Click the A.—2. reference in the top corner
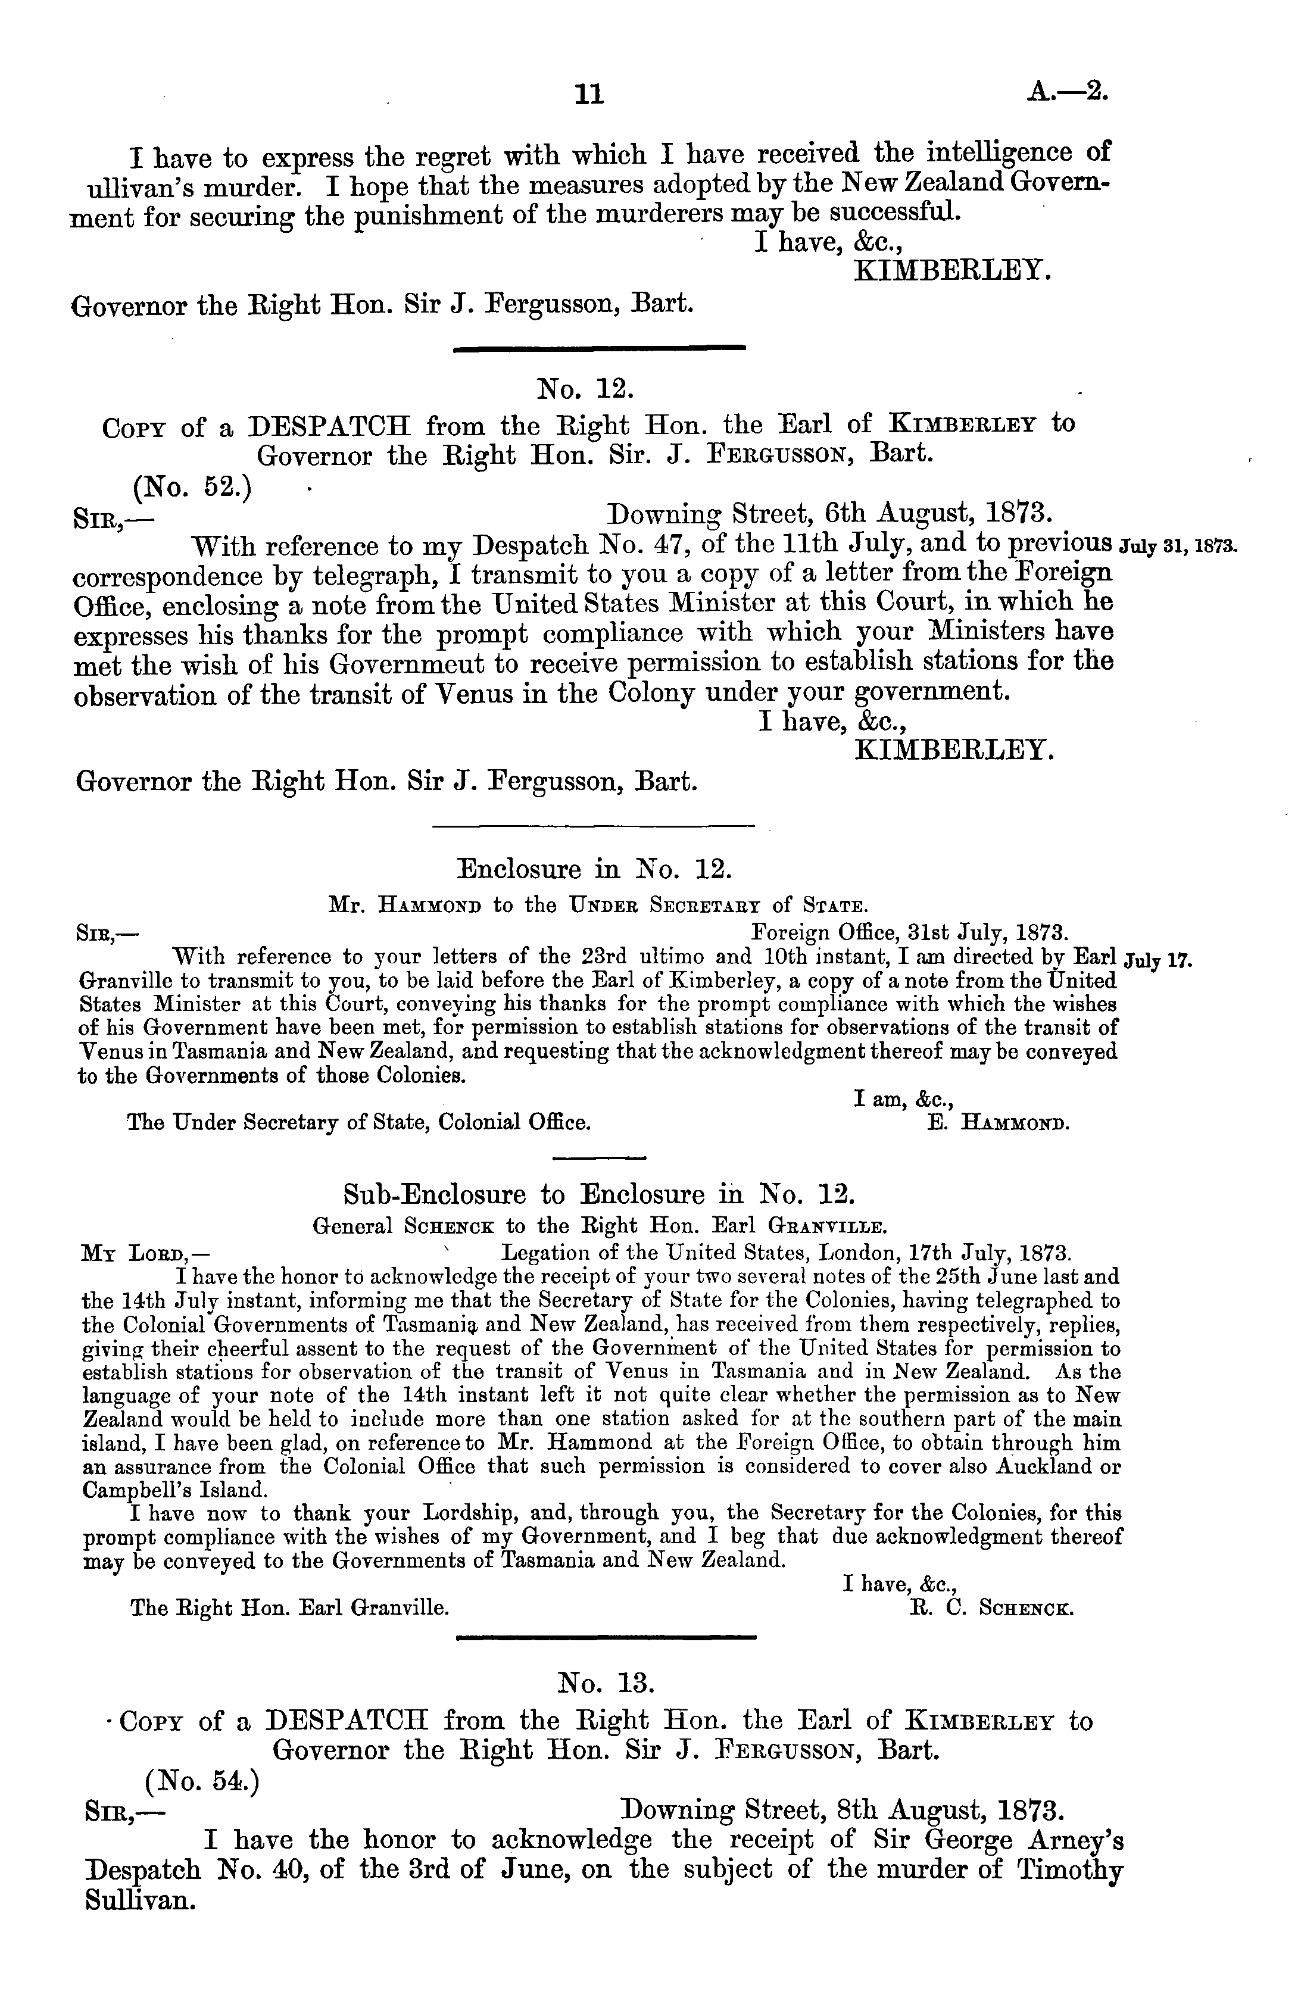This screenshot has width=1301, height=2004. pos(1068,89)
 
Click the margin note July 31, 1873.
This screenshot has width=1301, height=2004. pos(1177,545)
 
